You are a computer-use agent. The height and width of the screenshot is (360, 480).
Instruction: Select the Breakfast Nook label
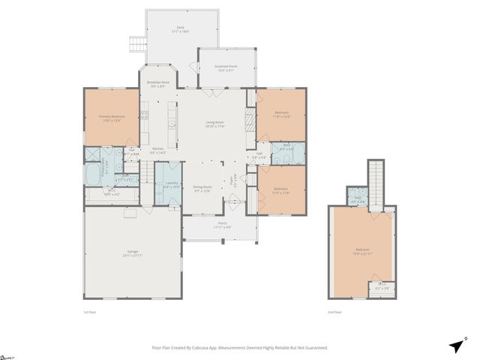pos(157,83)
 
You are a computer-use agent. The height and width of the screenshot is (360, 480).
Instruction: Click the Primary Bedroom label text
pos(112,118)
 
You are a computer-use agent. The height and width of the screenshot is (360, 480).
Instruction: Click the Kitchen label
pos(158,150)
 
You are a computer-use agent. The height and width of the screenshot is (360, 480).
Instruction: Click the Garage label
pos(132,254)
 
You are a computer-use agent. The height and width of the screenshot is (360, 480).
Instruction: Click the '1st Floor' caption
pos(90,311)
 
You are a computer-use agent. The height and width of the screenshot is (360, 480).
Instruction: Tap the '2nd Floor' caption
pos(335,311)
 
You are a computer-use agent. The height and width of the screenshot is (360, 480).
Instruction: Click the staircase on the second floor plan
pos(374,180)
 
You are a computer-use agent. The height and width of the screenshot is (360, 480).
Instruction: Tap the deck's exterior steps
pos(136,43)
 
